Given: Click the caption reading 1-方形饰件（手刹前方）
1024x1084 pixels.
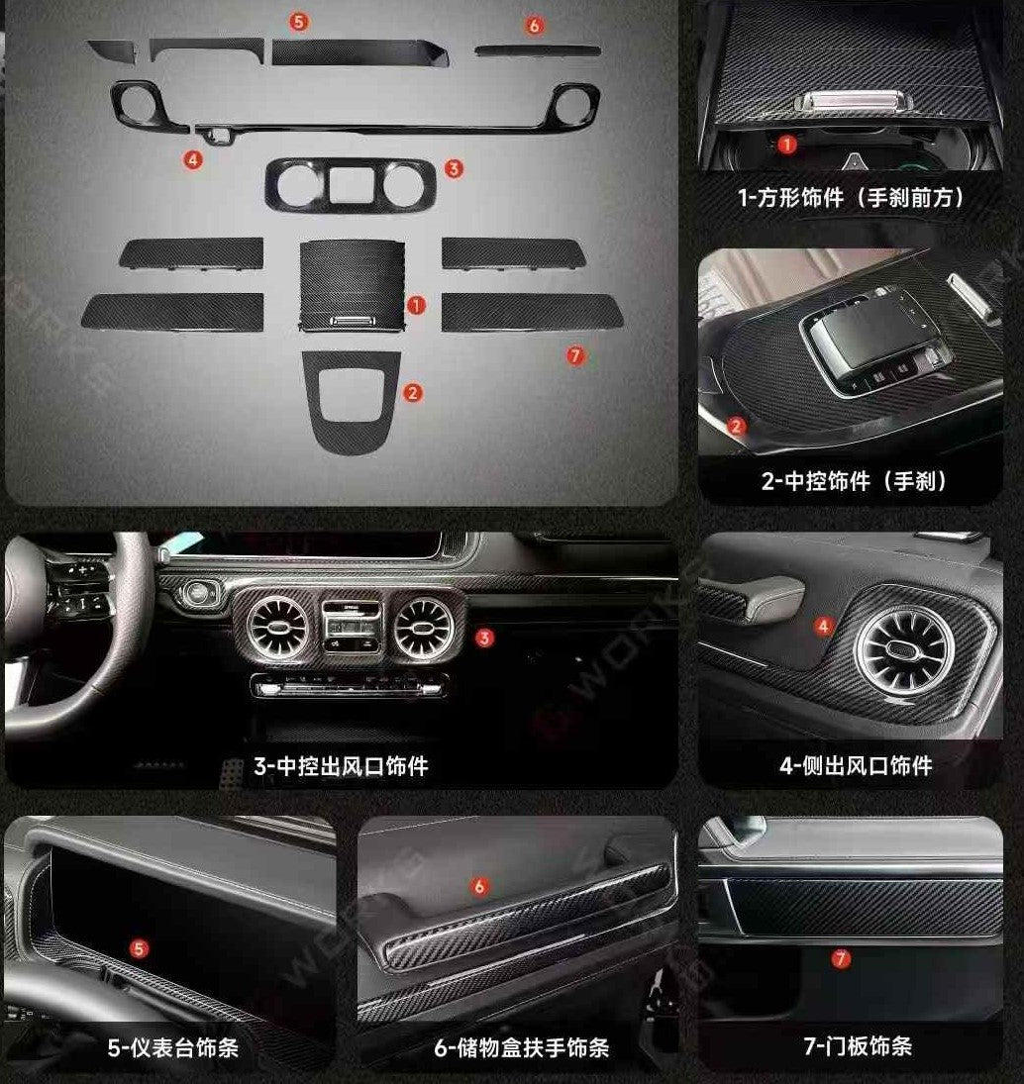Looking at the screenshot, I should (850, 198).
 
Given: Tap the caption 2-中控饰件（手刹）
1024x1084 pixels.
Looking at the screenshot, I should (850, 482).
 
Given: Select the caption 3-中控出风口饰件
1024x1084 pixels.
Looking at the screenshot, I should (341, 765).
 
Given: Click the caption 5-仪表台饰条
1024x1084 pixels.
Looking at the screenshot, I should (173, 1046).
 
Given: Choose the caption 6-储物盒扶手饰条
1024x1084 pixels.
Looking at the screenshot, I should (521, 1046).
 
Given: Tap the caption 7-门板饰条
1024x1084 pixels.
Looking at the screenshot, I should (858, 1046).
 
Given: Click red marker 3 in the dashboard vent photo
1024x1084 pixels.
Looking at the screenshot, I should (484, 638).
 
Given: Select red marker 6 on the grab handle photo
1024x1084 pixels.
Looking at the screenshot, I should (480, 886).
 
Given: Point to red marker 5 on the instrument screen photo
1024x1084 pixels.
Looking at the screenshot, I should (140, 949).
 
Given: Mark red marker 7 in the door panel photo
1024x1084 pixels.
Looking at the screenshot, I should (841, 957).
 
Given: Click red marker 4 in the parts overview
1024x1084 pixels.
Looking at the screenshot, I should (193, 158).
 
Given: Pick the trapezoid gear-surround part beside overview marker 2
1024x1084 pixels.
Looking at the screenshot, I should (352, 396).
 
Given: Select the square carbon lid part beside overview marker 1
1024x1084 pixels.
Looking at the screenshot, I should (351, 281).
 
